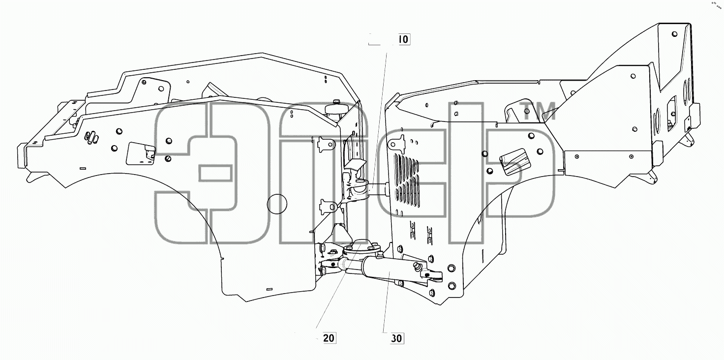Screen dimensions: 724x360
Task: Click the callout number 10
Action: [x=404, y=39]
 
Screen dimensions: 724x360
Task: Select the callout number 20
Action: [x=329, y=338]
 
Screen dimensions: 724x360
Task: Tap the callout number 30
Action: [x=396, y=338]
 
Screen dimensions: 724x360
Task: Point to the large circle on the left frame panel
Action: [x=277, y=195]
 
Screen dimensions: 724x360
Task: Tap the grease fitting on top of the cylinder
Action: [x=417, y=267]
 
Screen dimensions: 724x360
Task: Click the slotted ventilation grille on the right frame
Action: [x=407, y=180]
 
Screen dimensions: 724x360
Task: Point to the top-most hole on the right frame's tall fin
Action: [x=674, y=34]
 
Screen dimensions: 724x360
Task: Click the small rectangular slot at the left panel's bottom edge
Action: [x=269, y=289]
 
